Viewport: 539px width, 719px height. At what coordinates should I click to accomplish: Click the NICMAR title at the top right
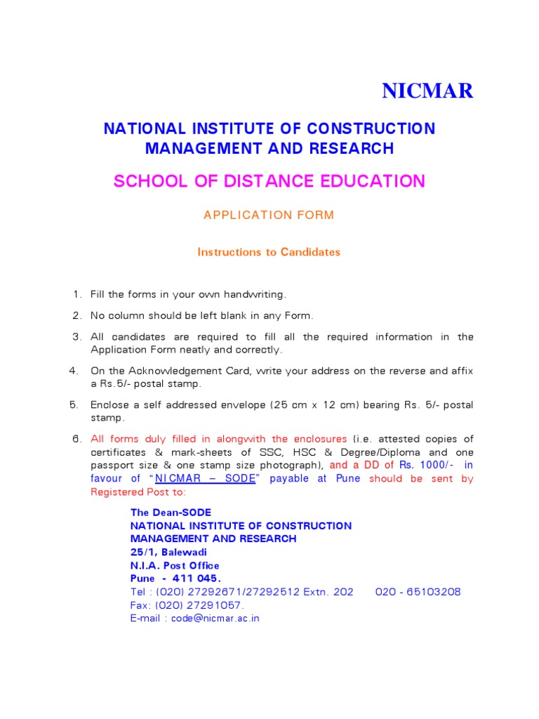427,91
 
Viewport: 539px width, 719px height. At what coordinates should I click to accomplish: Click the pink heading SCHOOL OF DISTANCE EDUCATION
269,181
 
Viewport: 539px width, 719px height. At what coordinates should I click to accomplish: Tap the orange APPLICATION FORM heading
269,216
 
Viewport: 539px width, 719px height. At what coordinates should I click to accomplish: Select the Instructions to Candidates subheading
269,252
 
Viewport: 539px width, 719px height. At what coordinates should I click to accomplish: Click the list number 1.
76,294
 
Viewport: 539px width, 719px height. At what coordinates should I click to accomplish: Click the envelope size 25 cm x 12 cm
327,405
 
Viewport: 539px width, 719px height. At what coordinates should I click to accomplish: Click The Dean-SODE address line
171,513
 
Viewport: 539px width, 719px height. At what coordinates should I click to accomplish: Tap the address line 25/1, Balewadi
168,552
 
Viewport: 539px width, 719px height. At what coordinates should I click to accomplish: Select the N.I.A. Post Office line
175,565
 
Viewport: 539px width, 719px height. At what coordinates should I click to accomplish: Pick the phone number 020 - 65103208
418,592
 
